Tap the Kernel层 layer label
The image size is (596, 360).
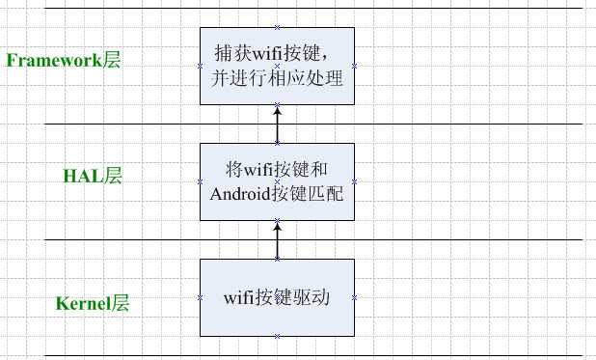pos(92,303)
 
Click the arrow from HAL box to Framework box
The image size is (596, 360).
pos(277,124)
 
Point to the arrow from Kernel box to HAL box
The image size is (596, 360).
pos(277,239)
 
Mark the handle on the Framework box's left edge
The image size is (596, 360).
pos(200,66)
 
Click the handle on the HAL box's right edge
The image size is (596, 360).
pos(354,181)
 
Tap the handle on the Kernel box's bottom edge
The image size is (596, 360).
pos(277,336)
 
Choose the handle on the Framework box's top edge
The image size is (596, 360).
pos(277,27)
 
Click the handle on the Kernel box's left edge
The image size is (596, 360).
pos(200,297)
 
